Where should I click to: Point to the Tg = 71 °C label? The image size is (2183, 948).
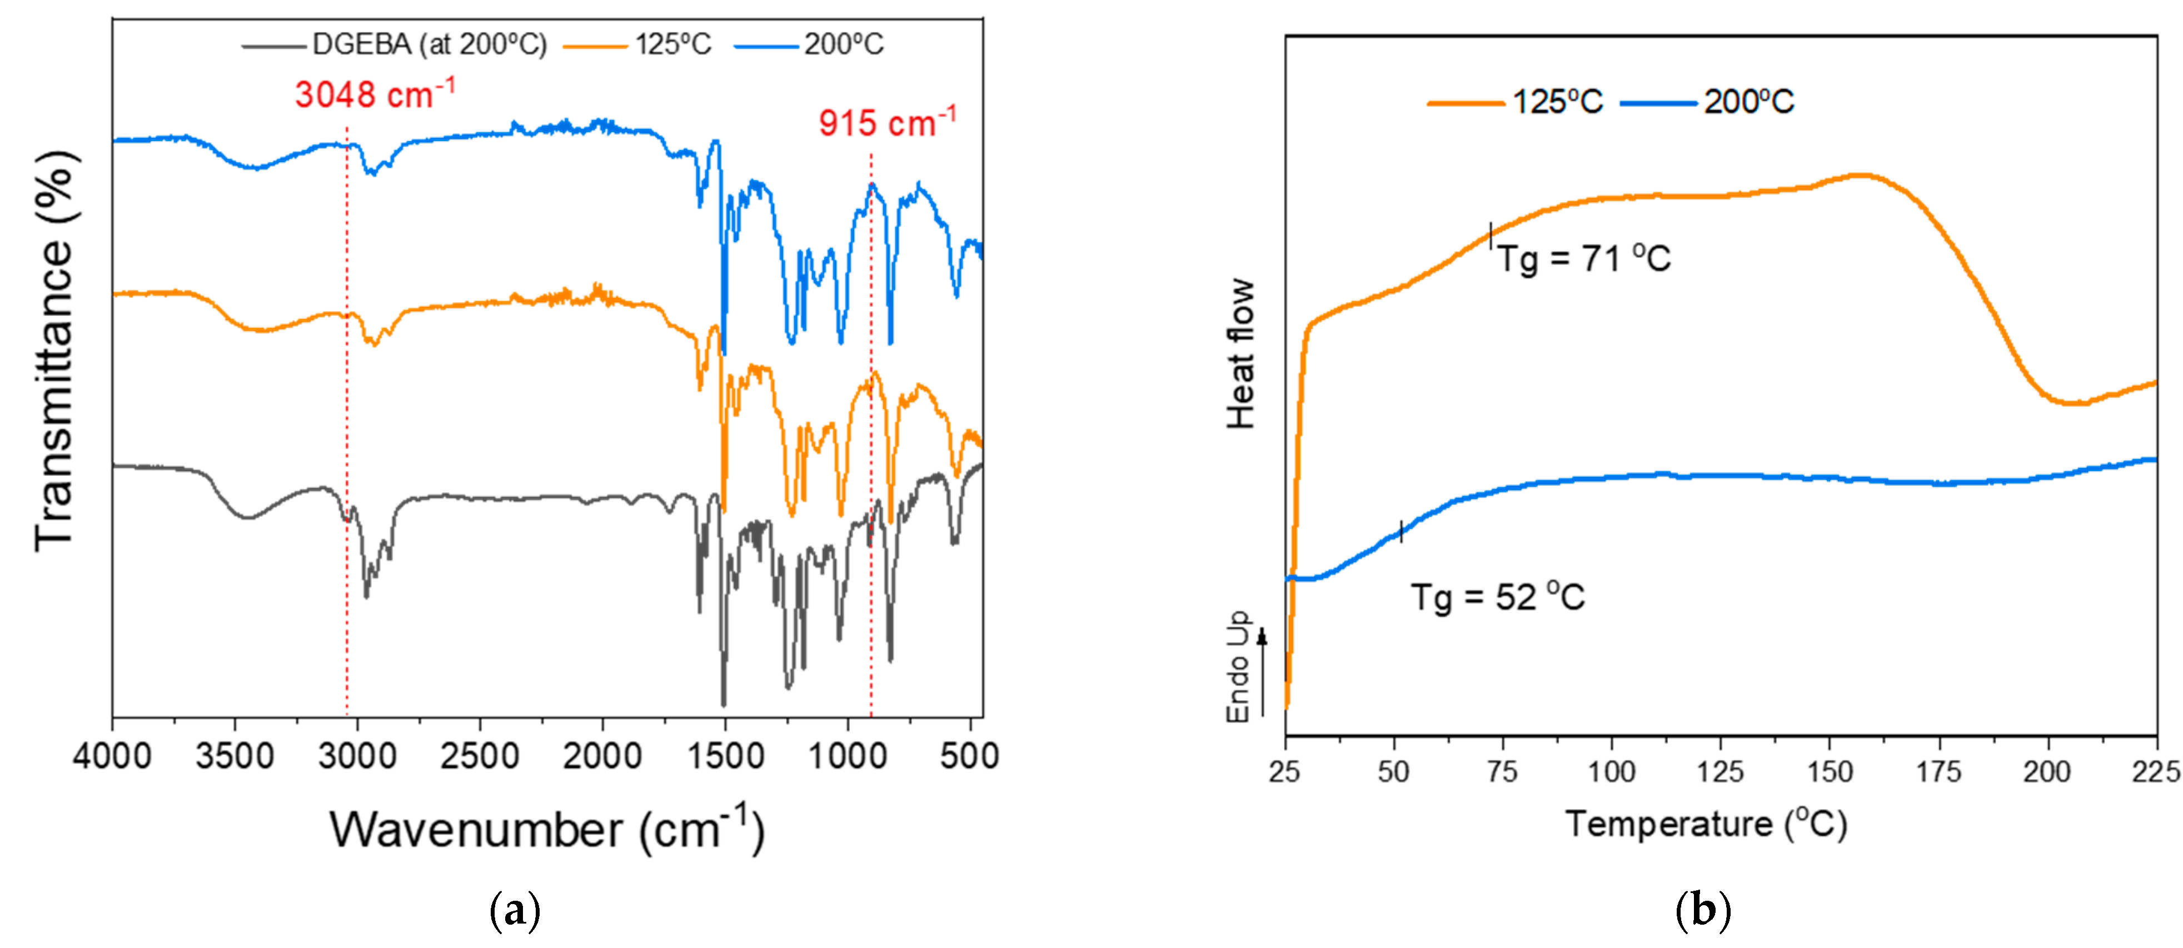[x=1583, y=258]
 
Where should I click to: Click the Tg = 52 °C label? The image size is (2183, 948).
[x=1497, y=597]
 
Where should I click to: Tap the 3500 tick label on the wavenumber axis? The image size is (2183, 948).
[x=235, y=756]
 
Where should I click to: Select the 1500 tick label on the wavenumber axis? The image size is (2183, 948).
[x=725, y=756]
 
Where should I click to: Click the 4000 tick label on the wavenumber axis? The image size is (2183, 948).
[x=112, y=756]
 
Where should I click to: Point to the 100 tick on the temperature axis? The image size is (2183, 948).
[x=1611, y=772]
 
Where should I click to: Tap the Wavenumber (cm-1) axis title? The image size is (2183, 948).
[x=547, y=830]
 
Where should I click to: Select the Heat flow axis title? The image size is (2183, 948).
[x=1240, y=354]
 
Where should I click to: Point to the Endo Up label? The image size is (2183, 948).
[x=1239, y=667]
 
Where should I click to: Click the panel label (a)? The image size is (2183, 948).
[x=515, y=911]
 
